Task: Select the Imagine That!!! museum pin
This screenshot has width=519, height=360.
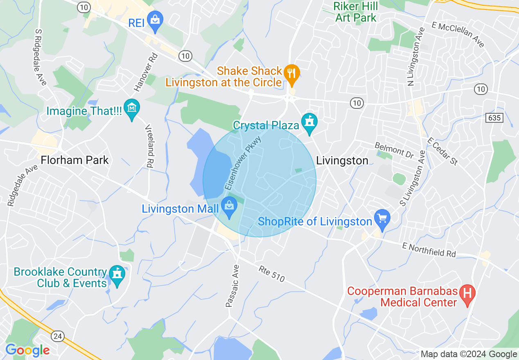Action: (x=132, y=108)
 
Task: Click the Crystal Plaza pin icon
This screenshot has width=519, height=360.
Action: (x=309, y=122)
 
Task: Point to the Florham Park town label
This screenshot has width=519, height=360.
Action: (x=75, y=160)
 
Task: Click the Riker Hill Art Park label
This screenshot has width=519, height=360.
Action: (x=355, y=12)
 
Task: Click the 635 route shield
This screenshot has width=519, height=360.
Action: (x=494, y=118)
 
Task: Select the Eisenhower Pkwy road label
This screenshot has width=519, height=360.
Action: (x=243, y=163)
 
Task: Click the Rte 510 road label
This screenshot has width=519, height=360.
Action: (x=271, y=274)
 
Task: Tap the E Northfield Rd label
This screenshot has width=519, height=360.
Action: (x=429, y=249)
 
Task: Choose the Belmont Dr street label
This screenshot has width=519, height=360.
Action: (x=394, y=150)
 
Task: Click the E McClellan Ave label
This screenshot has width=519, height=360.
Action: (x=458, y=34)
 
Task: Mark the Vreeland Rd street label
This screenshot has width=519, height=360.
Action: (x=148, y=146)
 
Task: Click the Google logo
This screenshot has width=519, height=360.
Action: (x=27, y=350)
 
